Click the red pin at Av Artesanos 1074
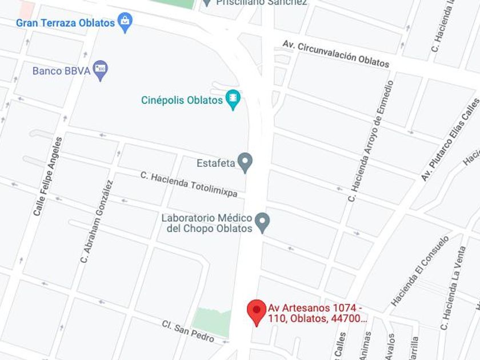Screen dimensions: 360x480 tap(257, 311)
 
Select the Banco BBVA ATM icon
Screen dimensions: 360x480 tap(101, 70)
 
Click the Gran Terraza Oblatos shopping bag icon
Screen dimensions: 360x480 tap(125, 22)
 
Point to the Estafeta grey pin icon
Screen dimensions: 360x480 tap(245, 163)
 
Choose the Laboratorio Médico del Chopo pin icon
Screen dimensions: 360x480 tap(262, 222)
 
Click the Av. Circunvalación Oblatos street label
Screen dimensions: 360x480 tap(335, 53)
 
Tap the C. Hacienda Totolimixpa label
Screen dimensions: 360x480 tap(189, 183)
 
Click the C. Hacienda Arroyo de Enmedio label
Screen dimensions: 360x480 tap(371, 141)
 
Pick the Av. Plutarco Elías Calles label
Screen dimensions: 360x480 tap(451, 139)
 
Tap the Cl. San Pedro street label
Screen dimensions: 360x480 tap(188, 331)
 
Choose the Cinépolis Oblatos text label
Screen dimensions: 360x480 tap(182, 100)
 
